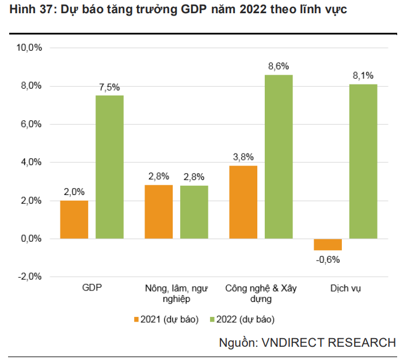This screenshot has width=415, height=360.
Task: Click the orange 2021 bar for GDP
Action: click(x=74, y=219)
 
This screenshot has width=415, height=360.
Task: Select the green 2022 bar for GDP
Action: click(x=109, y=167)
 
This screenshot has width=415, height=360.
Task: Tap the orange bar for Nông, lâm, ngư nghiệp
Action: click(x=159, y=212)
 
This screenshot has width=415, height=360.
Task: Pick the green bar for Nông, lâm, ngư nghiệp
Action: click(x=194, y=212)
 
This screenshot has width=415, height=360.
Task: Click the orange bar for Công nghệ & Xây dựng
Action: click(x=243, y=202)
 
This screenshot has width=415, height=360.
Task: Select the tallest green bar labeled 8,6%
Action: click(x=279, y=156)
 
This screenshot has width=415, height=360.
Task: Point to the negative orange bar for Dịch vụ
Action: click(x=328, y=244)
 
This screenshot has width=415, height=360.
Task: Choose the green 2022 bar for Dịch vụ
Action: click(x=363, y=161)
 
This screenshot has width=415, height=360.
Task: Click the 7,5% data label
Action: click(x=109, y=87)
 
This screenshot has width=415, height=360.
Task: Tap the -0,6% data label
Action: click(x=328, y=259)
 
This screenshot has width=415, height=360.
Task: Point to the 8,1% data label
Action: click(x=363, y=75)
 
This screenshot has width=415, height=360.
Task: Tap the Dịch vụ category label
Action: click(x=346, y=288)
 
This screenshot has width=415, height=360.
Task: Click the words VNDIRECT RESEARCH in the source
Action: click(x=328, y=343)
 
